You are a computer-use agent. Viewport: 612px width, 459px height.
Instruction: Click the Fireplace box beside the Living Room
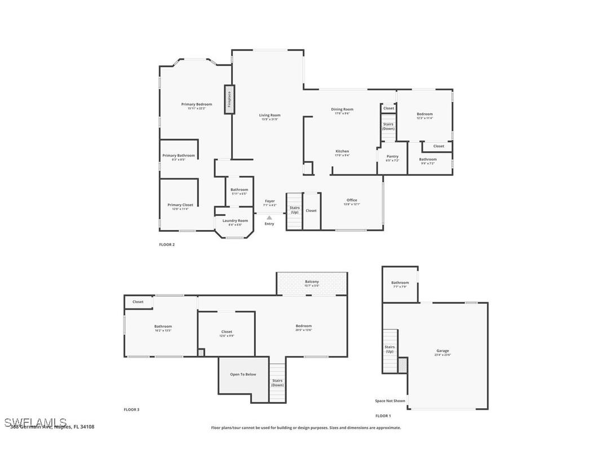(x=229, y=99)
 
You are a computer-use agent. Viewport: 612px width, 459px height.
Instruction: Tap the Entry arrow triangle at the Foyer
(x=269, y=218)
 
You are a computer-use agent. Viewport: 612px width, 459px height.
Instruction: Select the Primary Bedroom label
(x=197, y=104)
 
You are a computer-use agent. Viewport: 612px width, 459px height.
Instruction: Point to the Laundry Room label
(x=235, y=220)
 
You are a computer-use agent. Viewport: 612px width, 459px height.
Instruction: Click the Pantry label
(x=393, y=156)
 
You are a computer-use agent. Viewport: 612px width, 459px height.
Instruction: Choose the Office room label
(x=352, y=200)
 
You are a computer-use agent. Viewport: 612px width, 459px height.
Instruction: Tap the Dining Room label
(x=342, y=109)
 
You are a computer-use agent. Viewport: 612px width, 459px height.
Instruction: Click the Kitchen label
(x=342, y=151)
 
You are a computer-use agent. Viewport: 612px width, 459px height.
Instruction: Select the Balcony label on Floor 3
(x=312, y=281)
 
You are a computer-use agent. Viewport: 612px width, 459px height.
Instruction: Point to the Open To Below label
(x=243, y=374)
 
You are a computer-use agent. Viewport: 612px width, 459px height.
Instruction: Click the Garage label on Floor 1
(x=442, y=351)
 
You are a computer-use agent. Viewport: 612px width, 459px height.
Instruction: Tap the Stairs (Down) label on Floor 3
(x=277, y=382)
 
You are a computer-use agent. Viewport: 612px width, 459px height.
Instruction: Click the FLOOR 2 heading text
(x=167, y=245)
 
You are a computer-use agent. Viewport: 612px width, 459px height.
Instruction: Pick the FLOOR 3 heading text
(x=131, y=409)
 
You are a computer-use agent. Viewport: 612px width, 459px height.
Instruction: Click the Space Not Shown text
(x=390, y=401)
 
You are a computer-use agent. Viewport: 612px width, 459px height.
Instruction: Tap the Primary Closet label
(x=180, y=205)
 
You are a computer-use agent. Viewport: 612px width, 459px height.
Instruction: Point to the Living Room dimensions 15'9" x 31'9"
(x=270, y=119)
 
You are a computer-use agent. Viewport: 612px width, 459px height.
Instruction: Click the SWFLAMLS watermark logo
(x=35, y=422)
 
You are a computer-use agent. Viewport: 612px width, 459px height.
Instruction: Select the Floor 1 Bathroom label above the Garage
(x=400, y=283)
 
